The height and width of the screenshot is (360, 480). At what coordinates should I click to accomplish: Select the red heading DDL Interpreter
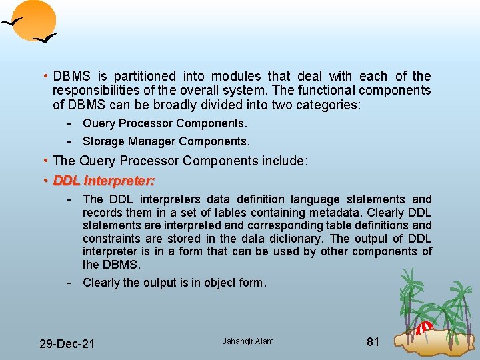(x=104, y=180)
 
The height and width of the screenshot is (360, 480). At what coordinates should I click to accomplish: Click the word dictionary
(x=296, y=239)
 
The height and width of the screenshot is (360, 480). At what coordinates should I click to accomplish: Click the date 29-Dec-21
(x=67, y=344)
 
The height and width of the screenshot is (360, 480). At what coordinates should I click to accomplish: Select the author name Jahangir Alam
(x=248, y=341)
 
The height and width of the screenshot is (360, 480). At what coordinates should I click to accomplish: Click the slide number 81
(x=373, y=342)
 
